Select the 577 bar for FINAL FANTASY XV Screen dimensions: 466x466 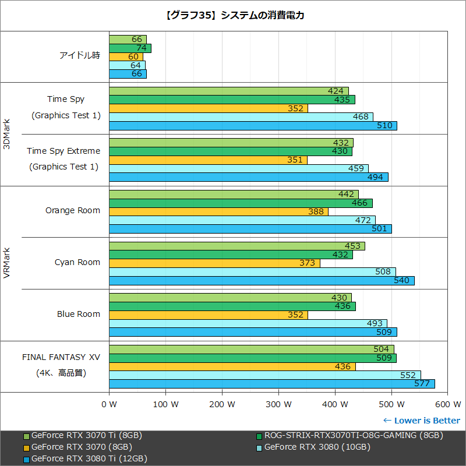[x=271, y=384]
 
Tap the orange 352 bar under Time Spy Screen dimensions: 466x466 [x=208, y=108]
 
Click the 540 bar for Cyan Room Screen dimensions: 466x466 [x=262, y=281]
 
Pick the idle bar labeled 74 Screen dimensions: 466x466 [x=130, y=48]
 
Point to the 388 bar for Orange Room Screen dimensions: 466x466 [x=218, y=211]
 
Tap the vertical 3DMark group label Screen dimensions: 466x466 [x=7, y=134]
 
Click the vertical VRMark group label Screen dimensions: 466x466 [x=7, y=263]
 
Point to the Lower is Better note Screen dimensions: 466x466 [x=421, y=421]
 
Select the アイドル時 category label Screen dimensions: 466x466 [x=80, y=56]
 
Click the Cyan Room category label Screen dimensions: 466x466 [x=77, y=262]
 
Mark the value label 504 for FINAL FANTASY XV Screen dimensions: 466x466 [x=380, y=349]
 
